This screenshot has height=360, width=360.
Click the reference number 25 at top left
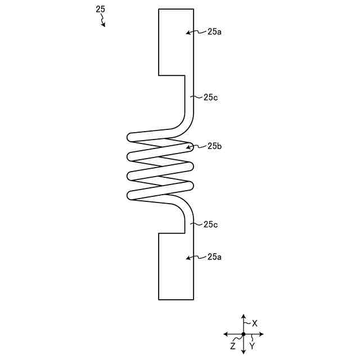(100, 9)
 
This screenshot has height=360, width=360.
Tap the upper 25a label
(214, 32)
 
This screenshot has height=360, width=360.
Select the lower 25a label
(214, 257)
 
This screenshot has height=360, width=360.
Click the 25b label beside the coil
(214, 146)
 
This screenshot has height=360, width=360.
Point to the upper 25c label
(211, 97)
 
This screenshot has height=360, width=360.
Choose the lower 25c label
(211, 224)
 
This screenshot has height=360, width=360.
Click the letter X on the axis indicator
(255, 323)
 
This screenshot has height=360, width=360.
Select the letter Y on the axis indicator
(252, 346)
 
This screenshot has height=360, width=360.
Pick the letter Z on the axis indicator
(233, 346)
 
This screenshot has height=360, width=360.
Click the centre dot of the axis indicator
(244, 334)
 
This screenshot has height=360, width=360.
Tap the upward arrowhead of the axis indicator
(244, 317)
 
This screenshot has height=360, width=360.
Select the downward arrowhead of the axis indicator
(244, 352)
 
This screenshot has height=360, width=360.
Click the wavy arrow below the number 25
(103, 20)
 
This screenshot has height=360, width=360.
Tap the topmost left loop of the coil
(131, 137)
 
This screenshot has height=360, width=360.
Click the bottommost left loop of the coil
(131, 196)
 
